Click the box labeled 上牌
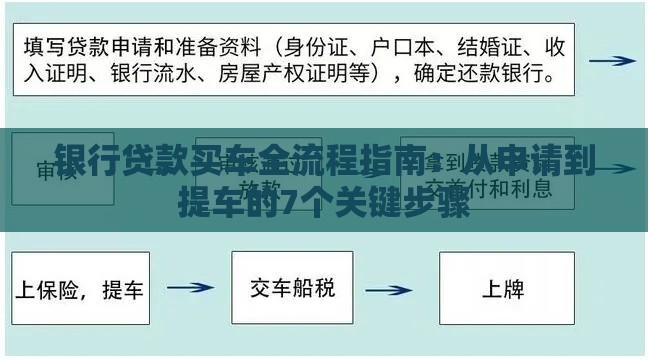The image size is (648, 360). [507, 289]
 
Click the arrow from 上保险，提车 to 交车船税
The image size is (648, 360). [190, 289]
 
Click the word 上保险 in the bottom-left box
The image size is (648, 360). [49, 291]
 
